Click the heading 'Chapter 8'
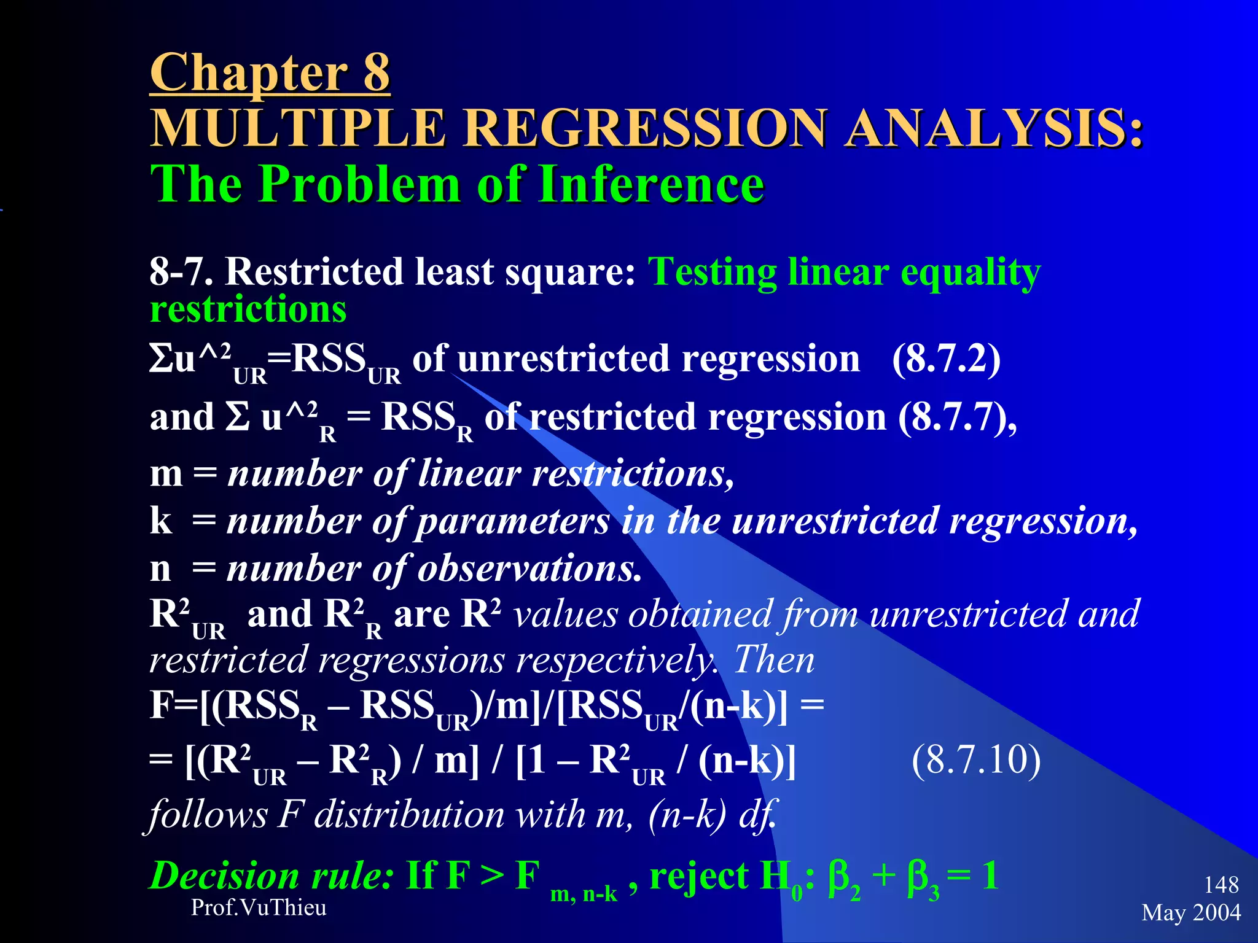point(270,73)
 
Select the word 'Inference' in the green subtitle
point(652,185)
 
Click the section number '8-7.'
point(181,272)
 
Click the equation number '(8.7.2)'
point(946,359)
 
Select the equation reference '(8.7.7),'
point(958,418)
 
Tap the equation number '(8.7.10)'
point(976,760)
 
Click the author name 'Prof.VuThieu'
point(259,907)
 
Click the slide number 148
point(1221,885)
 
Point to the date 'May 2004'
point(1191,913)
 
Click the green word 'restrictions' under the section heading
point(248,309)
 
